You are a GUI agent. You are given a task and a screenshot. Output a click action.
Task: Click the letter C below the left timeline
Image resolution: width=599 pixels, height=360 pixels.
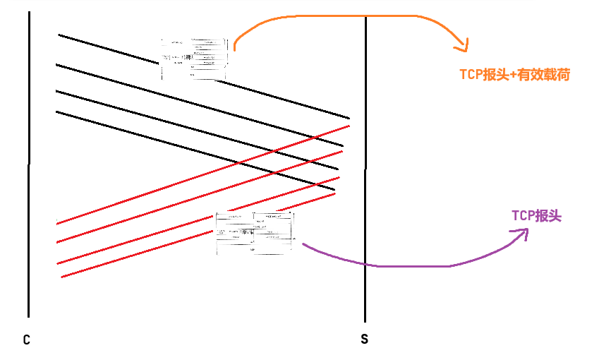pyautogui.click(x=26, y=340)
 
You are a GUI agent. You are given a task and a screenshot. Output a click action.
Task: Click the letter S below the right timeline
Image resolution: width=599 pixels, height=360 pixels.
pyautogui.click(x=364, y=340)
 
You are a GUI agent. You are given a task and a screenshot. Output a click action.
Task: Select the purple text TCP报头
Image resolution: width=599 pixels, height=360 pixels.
pyautogui.click(x=536, y=216)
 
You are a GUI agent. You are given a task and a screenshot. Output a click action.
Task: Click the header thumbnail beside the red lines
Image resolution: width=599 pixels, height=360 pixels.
pyautogui.click(x=255, y=233)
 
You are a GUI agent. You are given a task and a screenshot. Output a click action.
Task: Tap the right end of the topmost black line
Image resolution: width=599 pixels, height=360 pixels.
pyautogui.click(x=349, y=118)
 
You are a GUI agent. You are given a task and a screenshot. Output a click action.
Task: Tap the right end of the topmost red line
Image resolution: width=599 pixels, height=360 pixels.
pyautogui.click(x=349, y=126)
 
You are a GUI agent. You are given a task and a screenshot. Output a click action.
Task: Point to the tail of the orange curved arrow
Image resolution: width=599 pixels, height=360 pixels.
pyautogui.click(x=234, y=49)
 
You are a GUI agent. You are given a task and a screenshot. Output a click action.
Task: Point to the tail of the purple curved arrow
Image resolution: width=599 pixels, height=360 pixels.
pyautogui.click(x=303, y=245)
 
